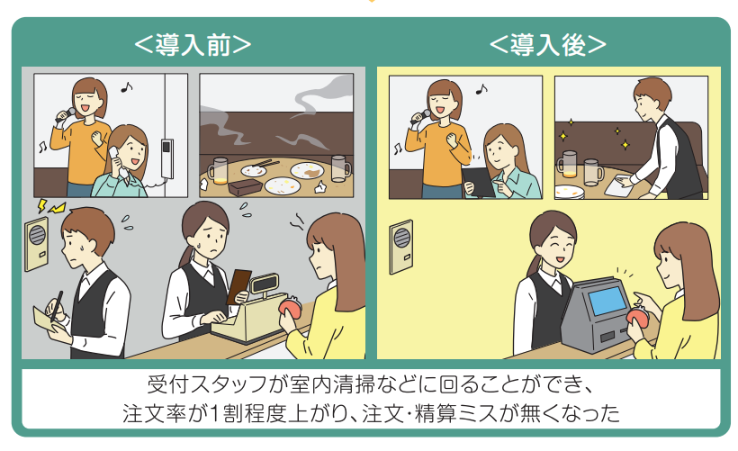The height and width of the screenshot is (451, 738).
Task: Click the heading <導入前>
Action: point(193,46)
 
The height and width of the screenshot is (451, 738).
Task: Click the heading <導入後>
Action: point(548,46)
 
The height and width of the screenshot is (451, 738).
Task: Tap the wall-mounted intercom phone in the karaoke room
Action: point(167,158)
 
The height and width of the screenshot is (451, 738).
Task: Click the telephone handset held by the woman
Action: point(117,161)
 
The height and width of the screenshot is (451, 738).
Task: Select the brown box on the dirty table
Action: point(245,186)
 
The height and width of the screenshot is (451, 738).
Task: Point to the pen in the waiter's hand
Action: point(57,306)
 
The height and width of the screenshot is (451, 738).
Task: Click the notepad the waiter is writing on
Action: point(49,322)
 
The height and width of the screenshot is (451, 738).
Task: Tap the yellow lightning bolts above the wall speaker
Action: point(49,206)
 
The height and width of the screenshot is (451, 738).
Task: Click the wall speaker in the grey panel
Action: point(36,244)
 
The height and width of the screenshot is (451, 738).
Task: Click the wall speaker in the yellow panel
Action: point(401,247)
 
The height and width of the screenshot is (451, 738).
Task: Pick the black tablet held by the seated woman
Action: point(478,182)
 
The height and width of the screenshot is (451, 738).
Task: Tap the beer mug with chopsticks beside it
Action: point(218,170)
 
